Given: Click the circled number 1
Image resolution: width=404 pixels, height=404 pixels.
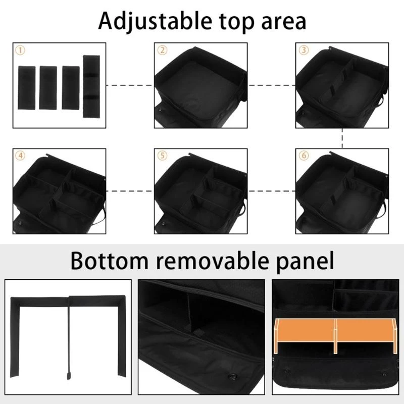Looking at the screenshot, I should click(20, 50).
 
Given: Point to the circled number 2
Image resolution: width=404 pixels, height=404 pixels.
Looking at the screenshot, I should click(162, 50).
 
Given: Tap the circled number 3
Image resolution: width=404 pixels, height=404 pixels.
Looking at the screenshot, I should click(304, 50).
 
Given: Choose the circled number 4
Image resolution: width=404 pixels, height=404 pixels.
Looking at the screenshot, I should click(20, 156).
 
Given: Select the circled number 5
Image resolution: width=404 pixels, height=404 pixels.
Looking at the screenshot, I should click(162, 156).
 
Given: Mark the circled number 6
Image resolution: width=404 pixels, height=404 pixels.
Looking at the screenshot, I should click(304, 156).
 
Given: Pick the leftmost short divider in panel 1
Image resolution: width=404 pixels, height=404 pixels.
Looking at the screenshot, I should click(26, 87).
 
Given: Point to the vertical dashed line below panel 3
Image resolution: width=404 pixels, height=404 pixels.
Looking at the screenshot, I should click(343, 138).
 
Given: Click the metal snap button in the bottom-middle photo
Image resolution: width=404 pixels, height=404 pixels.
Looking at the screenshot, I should click(234, 375).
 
